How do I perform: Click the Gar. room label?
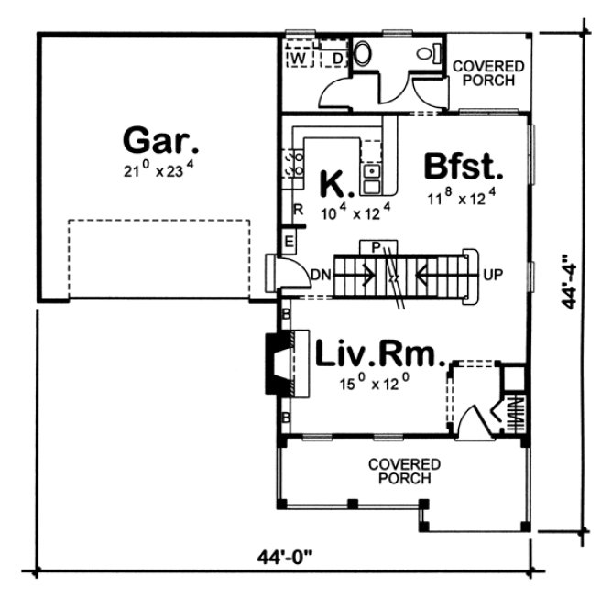[x=161, y=142]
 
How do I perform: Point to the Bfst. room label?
[x=464, y=168]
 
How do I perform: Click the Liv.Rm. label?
[x=379, y=354]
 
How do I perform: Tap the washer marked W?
[x=298, y=59]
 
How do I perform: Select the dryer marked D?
[x=337, y=59]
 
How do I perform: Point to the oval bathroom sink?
[x=361, y=54]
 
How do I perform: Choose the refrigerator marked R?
[x=298, y=210]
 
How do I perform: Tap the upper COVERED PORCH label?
[x=488, y=73]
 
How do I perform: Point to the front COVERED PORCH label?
[x=404, y=472]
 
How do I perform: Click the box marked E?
[x=289, y=241]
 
